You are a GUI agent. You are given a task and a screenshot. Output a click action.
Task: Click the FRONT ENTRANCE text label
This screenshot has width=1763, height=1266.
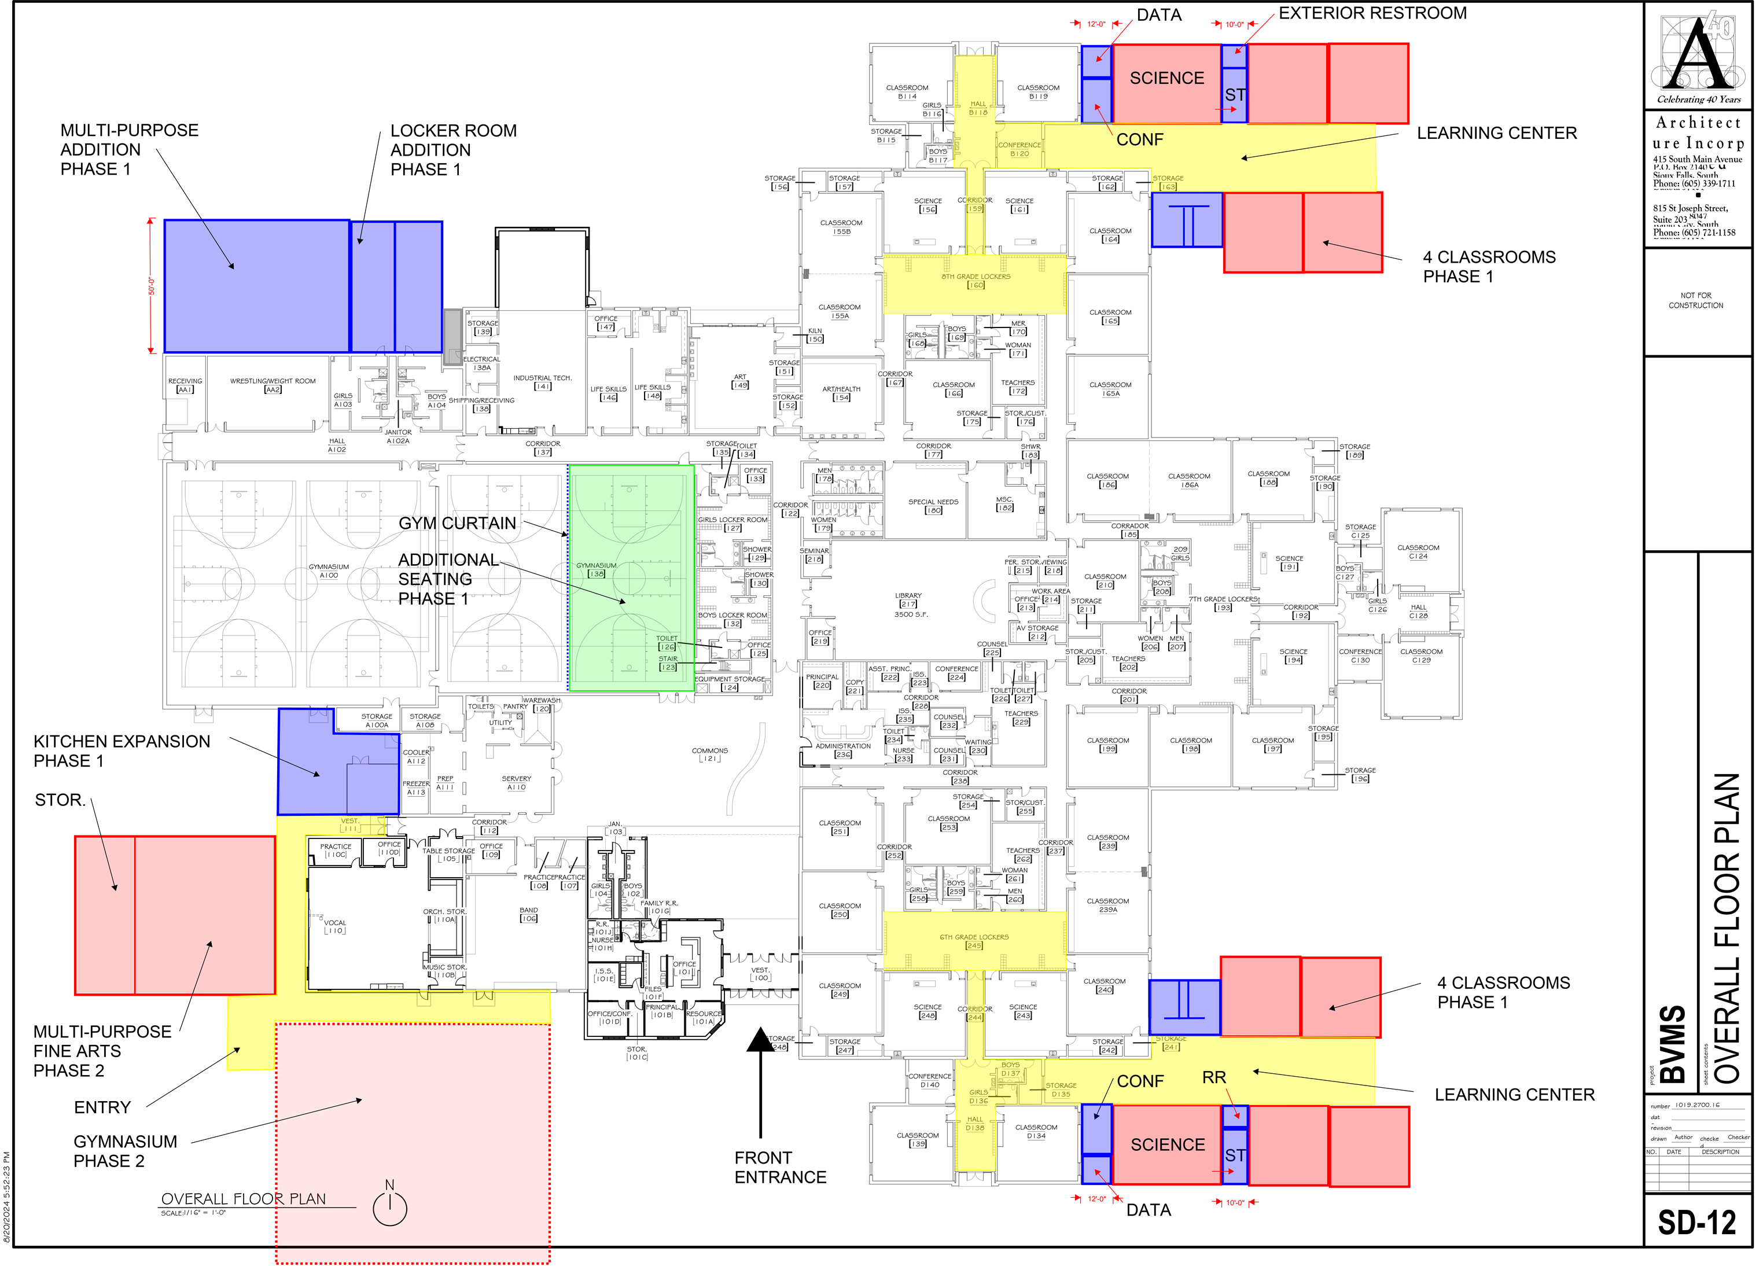pos(780,1167)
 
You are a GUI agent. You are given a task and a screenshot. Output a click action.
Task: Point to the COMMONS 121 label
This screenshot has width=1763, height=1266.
pos(710,754)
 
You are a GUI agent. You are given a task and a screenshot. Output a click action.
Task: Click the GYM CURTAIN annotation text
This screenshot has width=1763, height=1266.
pos(457,523)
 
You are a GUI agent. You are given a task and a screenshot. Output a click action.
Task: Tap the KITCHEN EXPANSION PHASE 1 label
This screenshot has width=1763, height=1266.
pos(122,750)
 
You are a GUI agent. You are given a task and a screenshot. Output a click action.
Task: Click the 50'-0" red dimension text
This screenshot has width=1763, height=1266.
pos(152,286)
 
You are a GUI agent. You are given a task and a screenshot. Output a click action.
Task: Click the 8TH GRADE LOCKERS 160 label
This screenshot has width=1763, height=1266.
pos(976,281)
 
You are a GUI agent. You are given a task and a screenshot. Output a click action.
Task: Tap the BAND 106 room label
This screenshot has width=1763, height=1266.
pos(529,914)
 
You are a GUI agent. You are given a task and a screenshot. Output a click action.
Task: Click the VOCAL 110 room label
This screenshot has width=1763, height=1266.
pos(335,926)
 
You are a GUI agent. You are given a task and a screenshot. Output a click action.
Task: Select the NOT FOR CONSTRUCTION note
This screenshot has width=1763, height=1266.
pos(1695,300)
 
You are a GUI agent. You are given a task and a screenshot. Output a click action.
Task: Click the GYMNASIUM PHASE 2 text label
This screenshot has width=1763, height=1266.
pos(125,1151)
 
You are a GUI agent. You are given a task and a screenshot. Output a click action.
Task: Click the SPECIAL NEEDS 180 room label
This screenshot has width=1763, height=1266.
pos(933,506)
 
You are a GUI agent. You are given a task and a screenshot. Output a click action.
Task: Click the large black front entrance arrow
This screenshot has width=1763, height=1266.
pos(760,1080)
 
